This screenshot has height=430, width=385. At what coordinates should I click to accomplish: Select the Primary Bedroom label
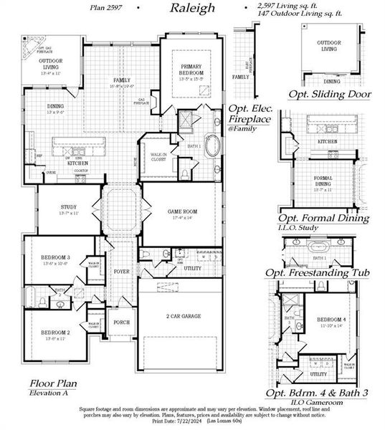(192, 70)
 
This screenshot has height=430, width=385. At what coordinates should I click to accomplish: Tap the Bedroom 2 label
(55, 333)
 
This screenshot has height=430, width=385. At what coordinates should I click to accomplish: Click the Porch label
(122, 322)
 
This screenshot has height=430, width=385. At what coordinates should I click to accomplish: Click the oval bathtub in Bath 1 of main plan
(214, 146)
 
